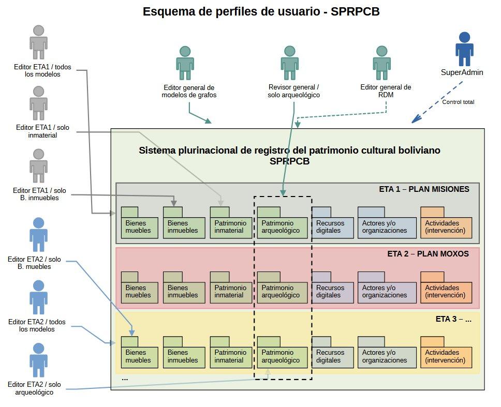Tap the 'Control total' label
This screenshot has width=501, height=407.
[458, 102]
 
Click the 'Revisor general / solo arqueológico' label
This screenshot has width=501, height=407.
[293, 91]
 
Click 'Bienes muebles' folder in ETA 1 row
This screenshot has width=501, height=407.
[138, 227]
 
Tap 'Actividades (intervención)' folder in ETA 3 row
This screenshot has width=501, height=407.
[446, 356]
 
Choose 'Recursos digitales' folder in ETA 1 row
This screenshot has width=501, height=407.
[329, 227]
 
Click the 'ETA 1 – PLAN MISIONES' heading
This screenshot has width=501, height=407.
[424, 189]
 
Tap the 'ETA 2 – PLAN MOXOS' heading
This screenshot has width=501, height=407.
[428, 254]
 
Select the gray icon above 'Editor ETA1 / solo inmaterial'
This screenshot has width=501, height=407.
[38, 103]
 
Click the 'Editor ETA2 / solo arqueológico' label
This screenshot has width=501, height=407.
[34, 388]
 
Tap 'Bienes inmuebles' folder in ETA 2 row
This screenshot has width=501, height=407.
[184, 292]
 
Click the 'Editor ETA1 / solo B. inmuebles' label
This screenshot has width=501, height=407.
[36, 193]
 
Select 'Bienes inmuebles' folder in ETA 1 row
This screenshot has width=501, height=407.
[184, 227]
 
